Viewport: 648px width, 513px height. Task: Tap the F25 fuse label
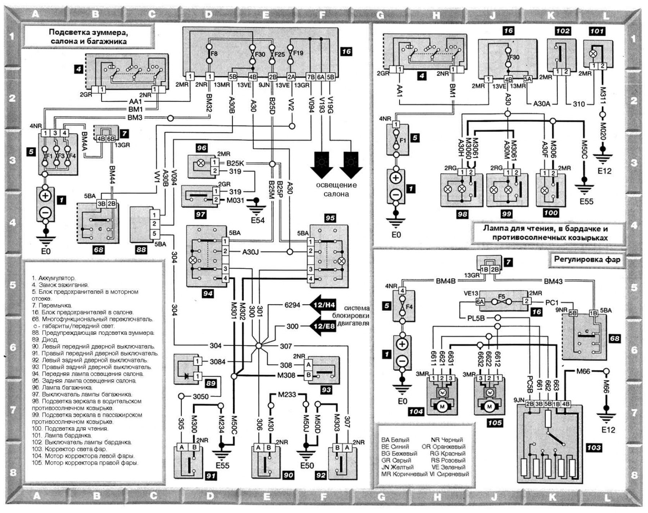280,54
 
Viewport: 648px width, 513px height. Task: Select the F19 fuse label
298,53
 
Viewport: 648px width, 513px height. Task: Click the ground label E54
258,220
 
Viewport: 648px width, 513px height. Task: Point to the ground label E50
307,465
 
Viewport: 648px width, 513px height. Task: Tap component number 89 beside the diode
211,384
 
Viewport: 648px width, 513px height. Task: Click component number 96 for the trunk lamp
202,148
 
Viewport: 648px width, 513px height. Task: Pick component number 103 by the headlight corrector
594,447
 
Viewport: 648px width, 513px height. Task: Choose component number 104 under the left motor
416,411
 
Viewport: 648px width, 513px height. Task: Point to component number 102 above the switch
563,31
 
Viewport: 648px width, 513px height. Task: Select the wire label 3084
217,361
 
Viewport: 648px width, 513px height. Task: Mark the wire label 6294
292,305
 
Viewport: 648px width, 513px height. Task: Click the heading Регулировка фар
587,260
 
